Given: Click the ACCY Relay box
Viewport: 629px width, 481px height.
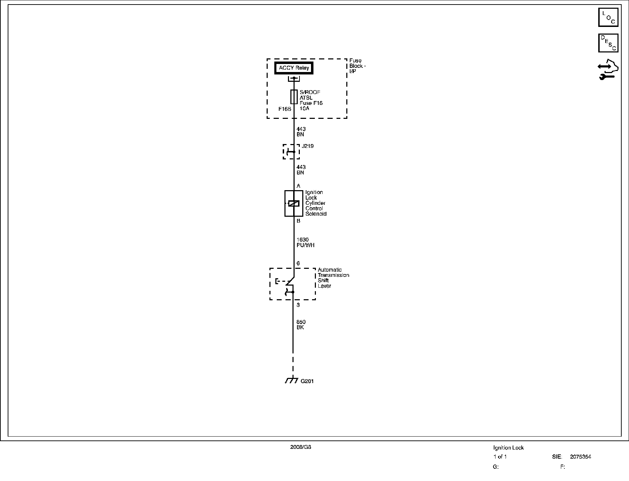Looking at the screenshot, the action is click(x=294, y=68).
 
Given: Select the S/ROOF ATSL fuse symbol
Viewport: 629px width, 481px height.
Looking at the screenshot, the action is click(x=294, y=97).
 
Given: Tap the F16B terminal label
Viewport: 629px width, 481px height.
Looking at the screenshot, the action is click(x=285, y=109).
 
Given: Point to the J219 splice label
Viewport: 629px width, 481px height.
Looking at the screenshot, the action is click(x=308, y=146).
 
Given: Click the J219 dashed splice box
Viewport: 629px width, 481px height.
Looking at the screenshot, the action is click(x=291, y=152).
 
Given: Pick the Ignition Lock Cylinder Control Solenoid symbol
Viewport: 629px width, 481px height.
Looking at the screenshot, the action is click(x=294, y=203).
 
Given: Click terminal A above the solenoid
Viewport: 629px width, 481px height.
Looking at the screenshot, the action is click(x=298, y=186).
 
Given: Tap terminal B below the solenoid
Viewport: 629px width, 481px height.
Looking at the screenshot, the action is click(x=298, y=221).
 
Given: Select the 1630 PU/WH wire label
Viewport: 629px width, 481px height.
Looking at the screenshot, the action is click(x=305, y=242).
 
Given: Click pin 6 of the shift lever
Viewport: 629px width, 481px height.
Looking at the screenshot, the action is click(x=298, y=263).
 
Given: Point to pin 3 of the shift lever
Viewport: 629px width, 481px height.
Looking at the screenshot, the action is click(x=298, y=305).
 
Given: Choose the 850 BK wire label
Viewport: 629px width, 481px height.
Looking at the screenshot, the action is click(x=301, y=324).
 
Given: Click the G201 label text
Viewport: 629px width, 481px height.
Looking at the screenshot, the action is click(x=307, y=381).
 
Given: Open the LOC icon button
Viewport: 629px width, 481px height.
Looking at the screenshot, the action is click(x=608, y=17).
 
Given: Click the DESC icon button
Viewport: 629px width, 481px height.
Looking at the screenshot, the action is click(x=608, y=43).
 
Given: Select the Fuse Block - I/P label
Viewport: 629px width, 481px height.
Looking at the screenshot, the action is click(x=357, y=66).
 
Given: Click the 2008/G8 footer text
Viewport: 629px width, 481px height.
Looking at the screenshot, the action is click(x=301, y=447).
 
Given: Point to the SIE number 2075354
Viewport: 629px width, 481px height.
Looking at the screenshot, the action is click(x=580, y=457).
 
